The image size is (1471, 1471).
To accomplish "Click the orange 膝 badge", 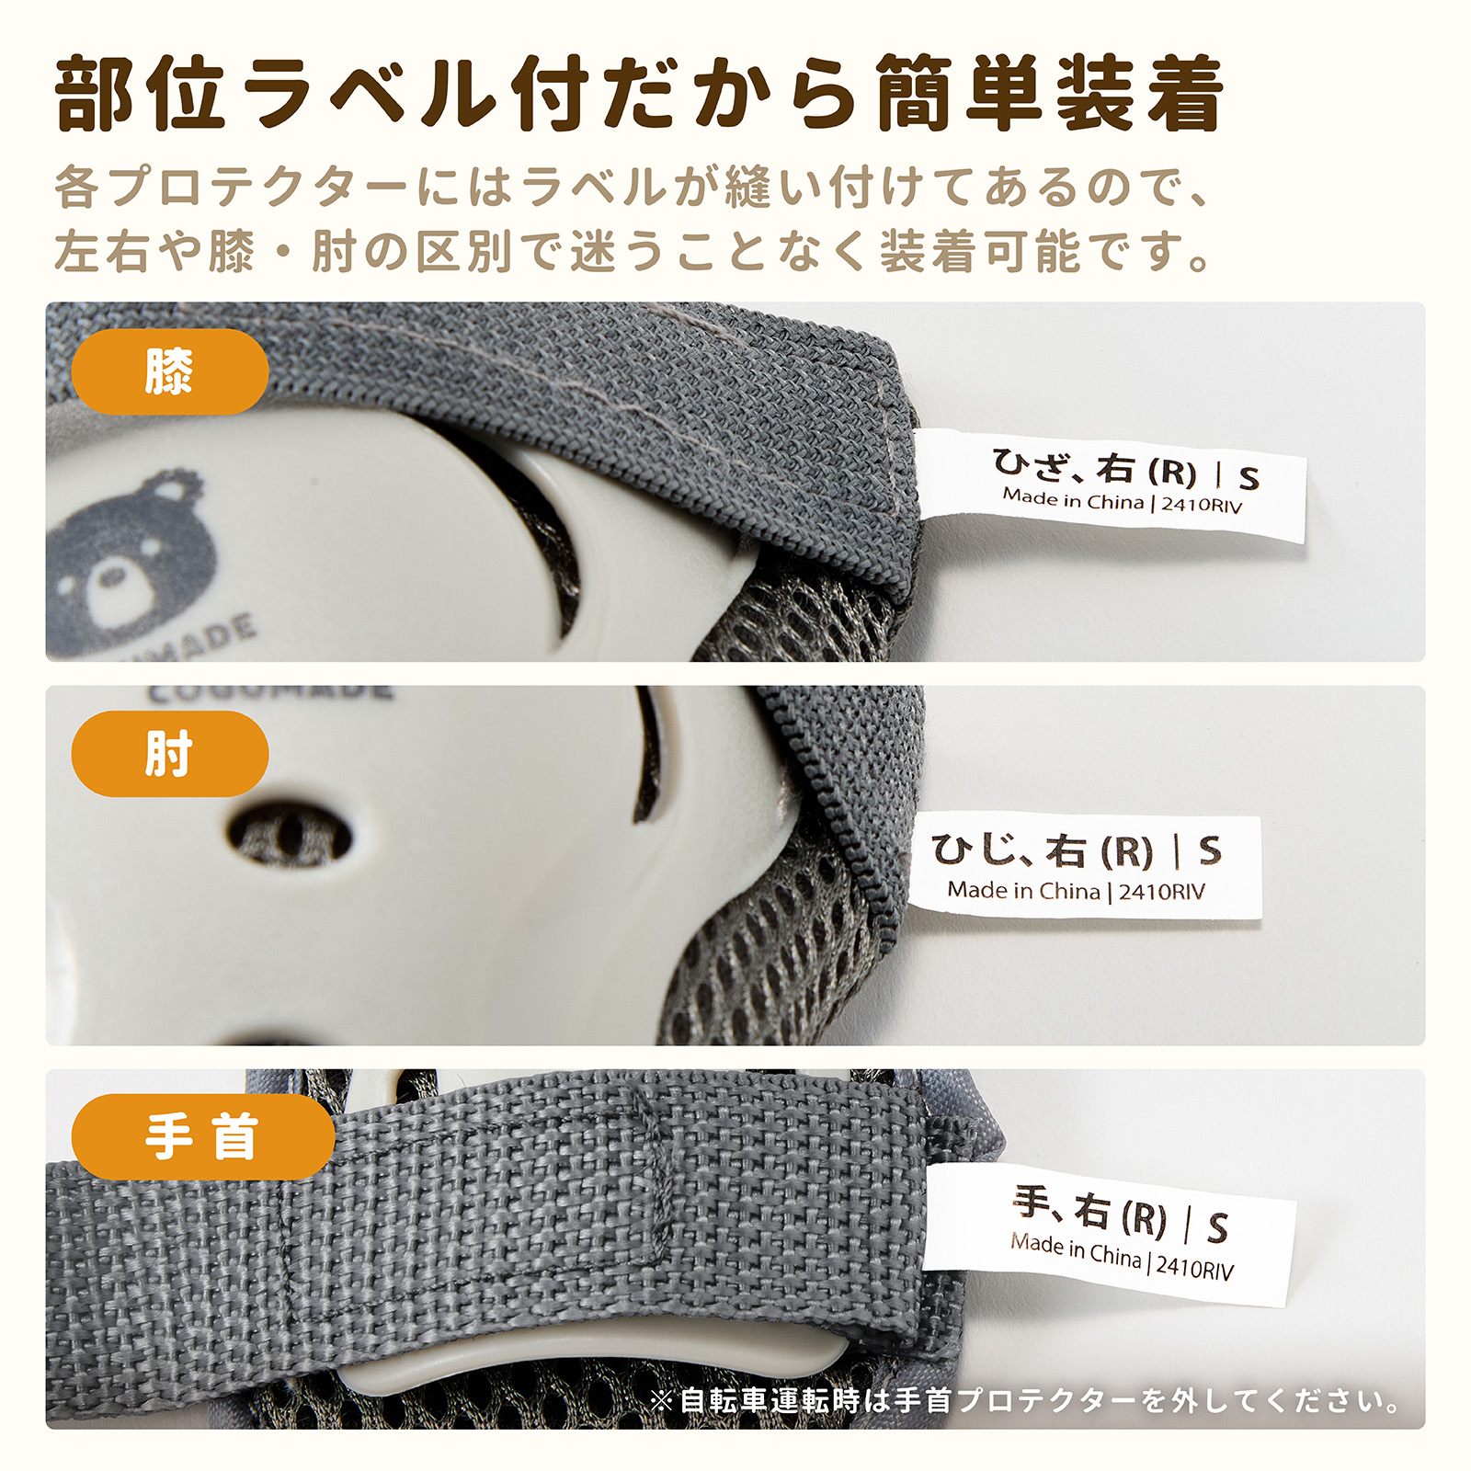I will pos(169,371).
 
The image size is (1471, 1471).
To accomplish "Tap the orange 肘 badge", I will pos(169,754).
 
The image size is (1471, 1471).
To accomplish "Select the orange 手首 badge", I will pos(202,1137).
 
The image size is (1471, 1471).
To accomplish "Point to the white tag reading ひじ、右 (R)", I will pos(1085,865).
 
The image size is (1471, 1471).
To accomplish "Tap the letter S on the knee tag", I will pos(1248,478).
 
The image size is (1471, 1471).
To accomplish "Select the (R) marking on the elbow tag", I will pos(1126,852).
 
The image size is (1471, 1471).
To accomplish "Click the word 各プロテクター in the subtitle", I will pos(230,188).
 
